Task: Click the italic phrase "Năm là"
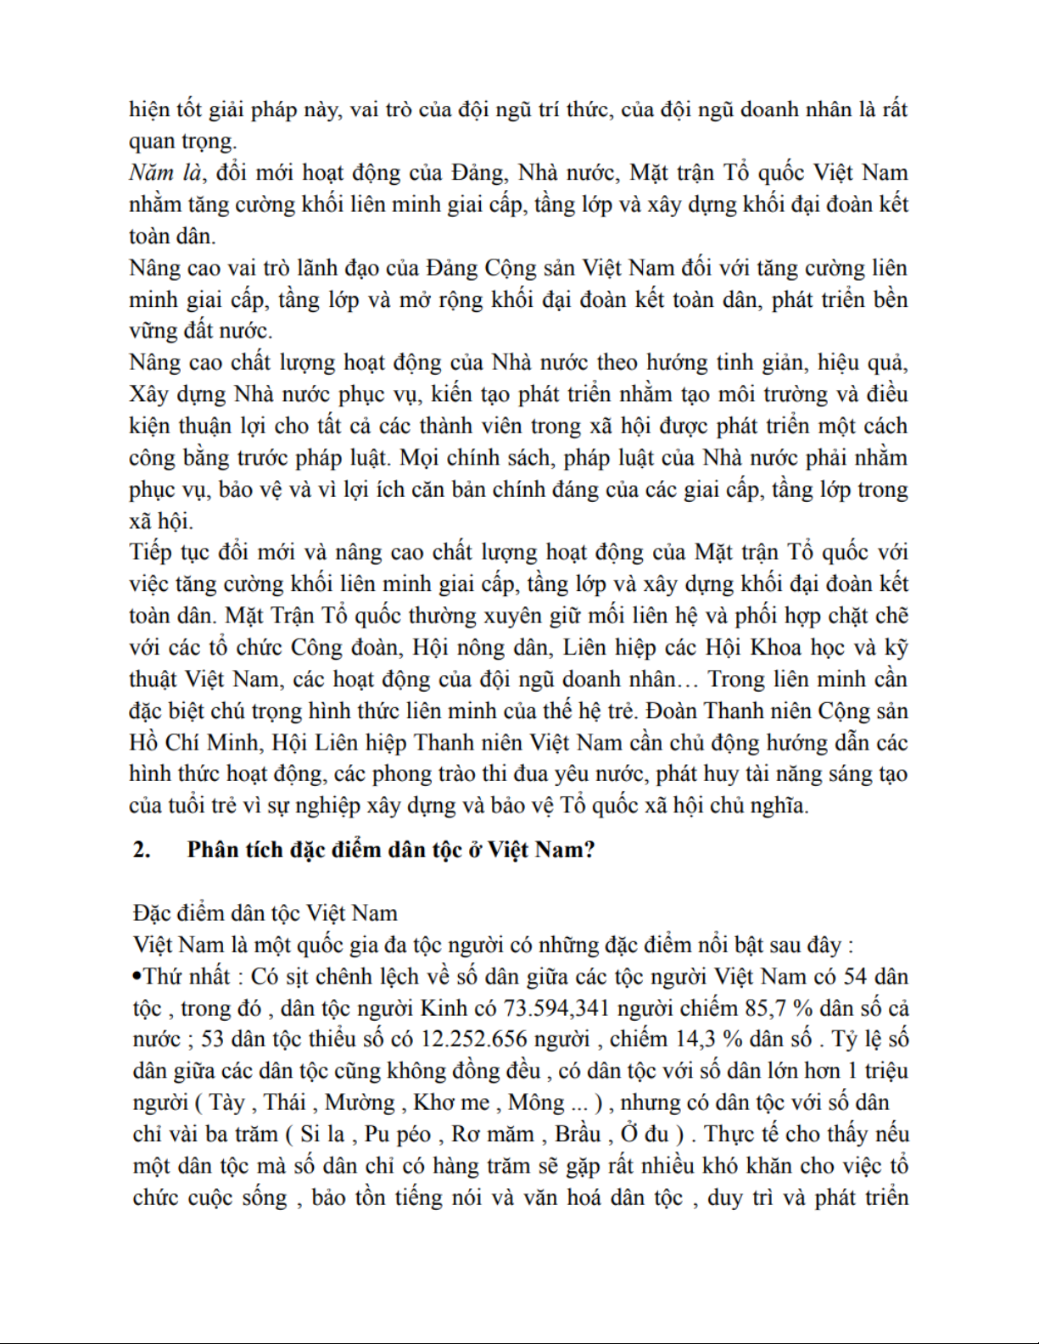click(166, 173)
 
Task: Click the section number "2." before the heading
click(142, 850)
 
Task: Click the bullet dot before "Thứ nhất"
click(137, 977)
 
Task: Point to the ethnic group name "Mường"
click(360, 1102)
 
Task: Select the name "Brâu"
click(578, 1135)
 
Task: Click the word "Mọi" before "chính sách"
click(419, 458)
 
